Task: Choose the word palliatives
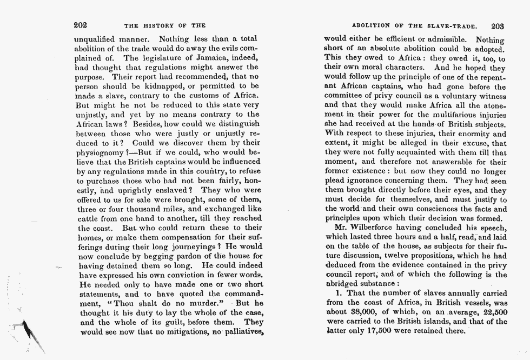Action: pyautogui.click(x=238, y=332)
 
